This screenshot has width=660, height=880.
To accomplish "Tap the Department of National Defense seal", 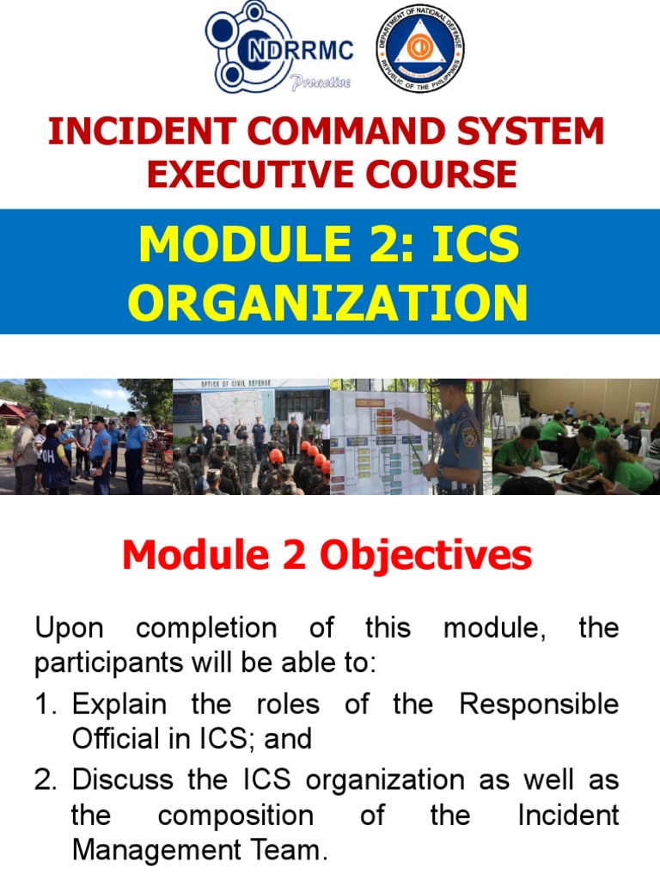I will click(x=421, y=47).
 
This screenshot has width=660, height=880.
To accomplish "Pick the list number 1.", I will click(x=45, y=705).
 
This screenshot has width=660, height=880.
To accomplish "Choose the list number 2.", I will click(x=45, y=780).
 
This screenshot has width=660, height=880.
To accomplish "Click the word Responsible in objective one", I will click(x=539, y=705).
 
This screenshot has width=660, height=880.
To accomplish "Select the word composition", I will click(x=235, y=816).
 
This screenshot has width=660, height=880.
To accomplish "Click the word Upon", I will click(x=69, y=628).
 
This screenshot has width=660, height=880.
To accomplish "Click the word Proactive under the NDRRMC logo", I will click(x=321, y=82).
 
